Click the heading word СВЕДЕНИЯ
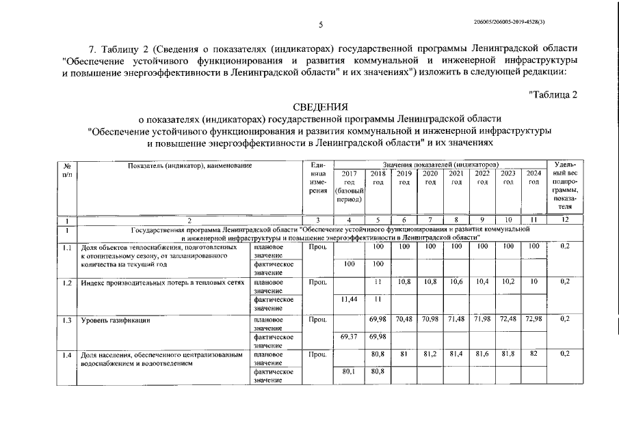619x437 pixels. (x=320, y=107)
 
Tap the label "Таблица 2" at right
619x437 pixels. (x=553, y=94)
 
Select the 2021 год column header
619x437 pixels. (x=456, y=178)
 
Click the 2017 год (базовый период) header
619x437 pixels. (x=349, y=186)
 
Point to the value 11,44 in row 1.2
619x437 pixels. (x=349, y=299)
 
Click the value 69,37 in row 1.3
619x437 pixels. (x=349, y=336)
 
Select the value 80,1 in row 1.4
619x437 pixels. (x=349, y=372)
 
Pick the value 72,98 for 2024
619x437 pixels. (x=534, y=319)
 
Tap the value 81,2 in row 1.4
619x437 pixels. (x=430, y=354)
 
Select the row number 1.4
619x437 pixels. (x=67, y=354)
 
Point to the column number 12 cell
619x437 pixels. (x=564, y=220)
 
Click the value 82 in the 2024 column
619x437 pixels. (x=534, y=354)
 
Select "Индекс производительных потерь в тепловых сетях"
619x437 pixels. (x=161, y=282)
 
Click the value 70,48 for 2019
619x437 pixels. (x=404, y=319)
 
